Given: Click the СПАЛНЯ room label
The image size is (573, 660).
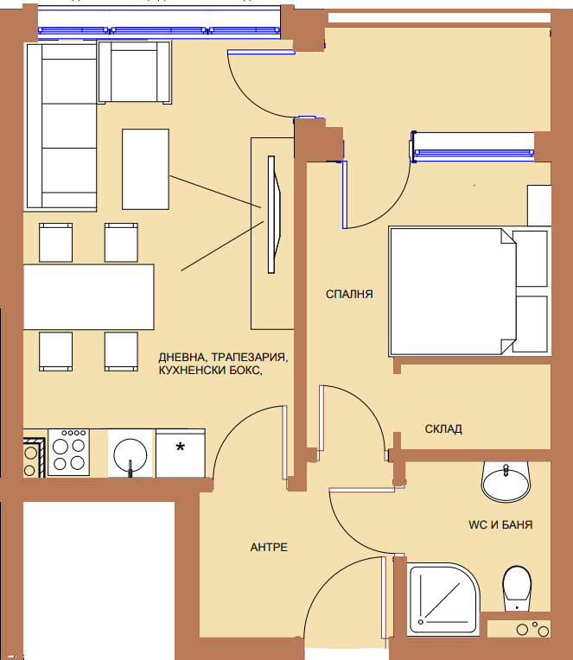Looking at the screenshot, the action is (349, 294).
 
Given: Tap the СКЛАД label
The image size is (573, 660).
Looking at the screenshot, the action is (443, 429).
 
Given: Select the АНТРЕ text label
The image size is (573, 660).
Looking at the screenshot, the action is (269, 547).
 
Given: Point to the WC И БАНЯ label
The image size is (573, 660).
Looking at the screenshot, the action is (500, 525).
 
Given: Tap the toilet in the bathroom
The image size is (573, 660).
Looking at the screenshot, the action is (517, 588).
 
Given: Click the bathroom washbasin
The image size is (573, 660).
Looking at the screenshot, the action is (506, 481).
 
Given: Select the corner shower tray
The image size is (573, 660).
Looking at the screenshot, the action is (443, 599).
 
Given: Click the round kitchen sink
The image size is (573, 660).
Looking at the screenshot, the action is (131, 454).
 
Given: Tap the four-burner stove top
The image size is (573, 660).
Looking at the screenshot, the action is (68, 453).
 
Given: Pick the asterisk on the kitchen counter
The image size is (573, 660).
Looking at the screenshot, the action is (180, 447).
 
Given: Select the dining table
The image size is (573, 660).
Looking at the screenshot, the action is (88, 297).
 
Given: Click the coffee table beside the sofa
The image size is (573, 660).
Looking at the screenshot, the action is (146, 169).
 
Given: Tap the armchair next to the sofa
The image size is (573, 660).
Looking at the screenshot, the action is (135, 72).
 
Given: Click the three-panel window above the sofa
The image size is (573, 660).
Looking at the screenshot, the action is (159, 30).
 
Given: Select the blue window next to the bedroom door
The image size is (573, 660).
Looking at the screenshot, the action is (473, 147).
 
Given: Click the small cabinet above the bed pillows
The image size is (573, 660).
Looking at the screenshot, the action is (539, 206).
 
